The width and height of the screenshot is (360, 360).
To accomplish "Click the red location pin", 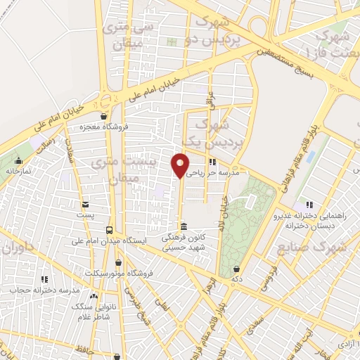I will [181, 165].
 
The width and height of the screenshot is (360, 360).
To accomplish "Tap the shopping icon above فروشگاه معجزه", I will [104, 116].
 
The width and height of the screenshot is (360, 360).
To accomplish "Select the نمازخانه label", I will [19, 170].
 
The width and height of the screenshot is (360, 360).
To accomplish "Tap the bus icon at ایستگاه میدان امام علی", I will [108, 229].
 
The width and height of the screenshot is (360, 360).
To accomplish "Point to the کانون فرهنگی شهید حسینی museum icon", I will [184, 226].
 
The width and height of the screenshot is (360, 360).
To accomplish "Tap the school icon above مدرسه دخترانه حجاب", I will [44, 279].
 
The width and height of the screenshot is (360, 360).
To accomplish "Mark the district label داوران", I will [18, 248].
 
